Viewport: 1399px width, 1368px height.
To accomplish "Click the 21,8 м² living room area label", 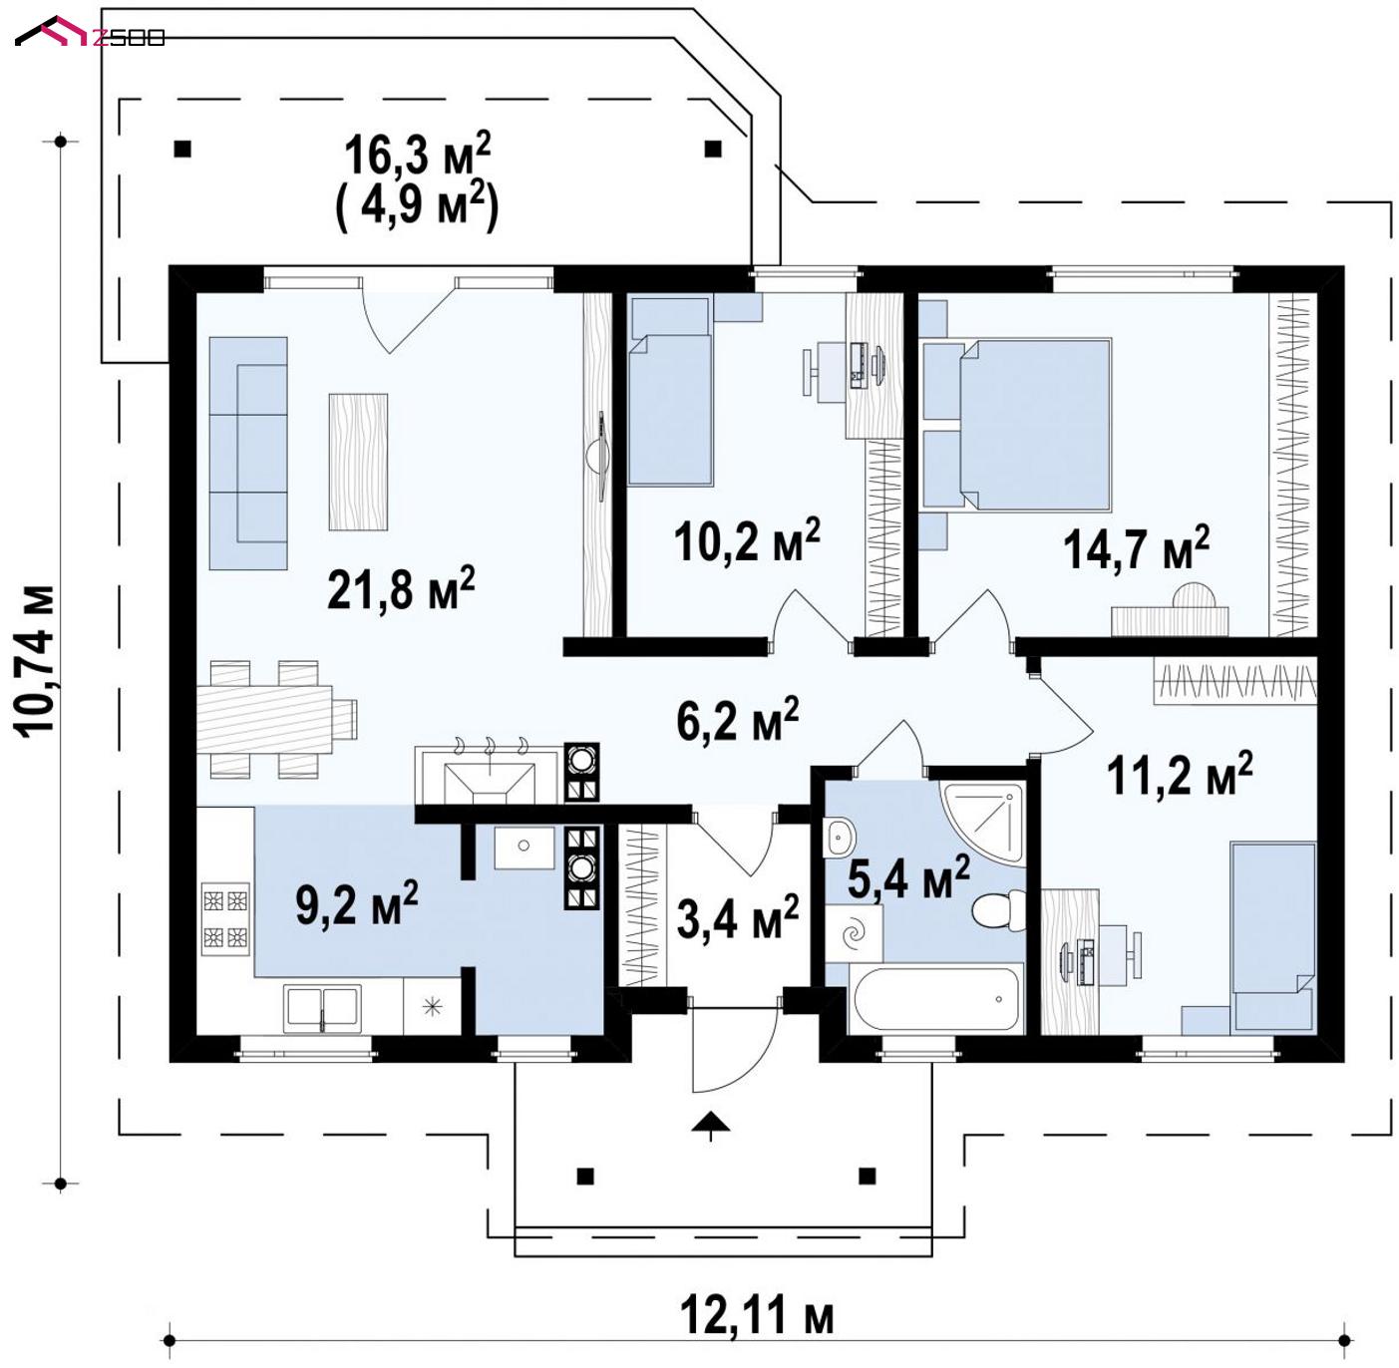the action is click(x=401, y=589).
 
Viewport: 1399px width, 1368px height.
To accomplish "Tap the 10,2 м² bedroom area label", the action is click(x=746, y=539).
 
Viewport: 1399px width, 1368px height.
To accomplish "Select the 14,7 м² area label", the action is click(x=1136, y=548).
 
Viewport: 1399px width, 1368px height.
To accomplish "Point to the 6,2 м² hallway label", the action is click(x=738, y=719).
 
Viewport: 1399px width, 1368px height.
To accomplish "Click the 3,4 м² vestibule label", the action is click(x=738, y=917).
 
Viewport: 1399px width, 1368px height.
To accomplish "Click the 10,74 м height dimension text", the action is click(x=34, y=661).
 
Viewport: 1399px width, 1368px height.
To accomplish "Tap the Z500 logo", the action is click(x=90, y=33).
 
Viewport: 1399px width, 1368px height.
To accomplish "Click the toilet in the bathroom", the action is click(x=998, y=910).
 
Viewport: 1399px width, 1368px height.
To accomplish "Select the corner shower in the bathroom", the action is click(x=983, y=823).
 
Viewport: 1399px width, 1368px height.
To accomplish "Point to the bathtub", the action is click(x=935, y=999).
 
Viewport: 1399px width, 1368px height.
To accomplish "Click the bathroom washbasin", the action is click(x=839, y=836).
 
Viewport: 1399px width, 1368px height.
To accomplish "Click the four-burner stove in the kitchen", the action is click(x=225, y=919).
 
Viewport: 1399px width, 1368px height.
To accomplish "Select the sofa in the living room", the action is click(x=248, y=454).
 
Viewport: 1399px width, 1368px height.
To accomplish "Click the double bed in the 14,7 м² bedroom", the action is click(x=1035, y=424).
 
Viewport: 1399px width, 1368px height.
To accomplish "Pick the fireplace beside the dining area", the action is click(x=489, y=775).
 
